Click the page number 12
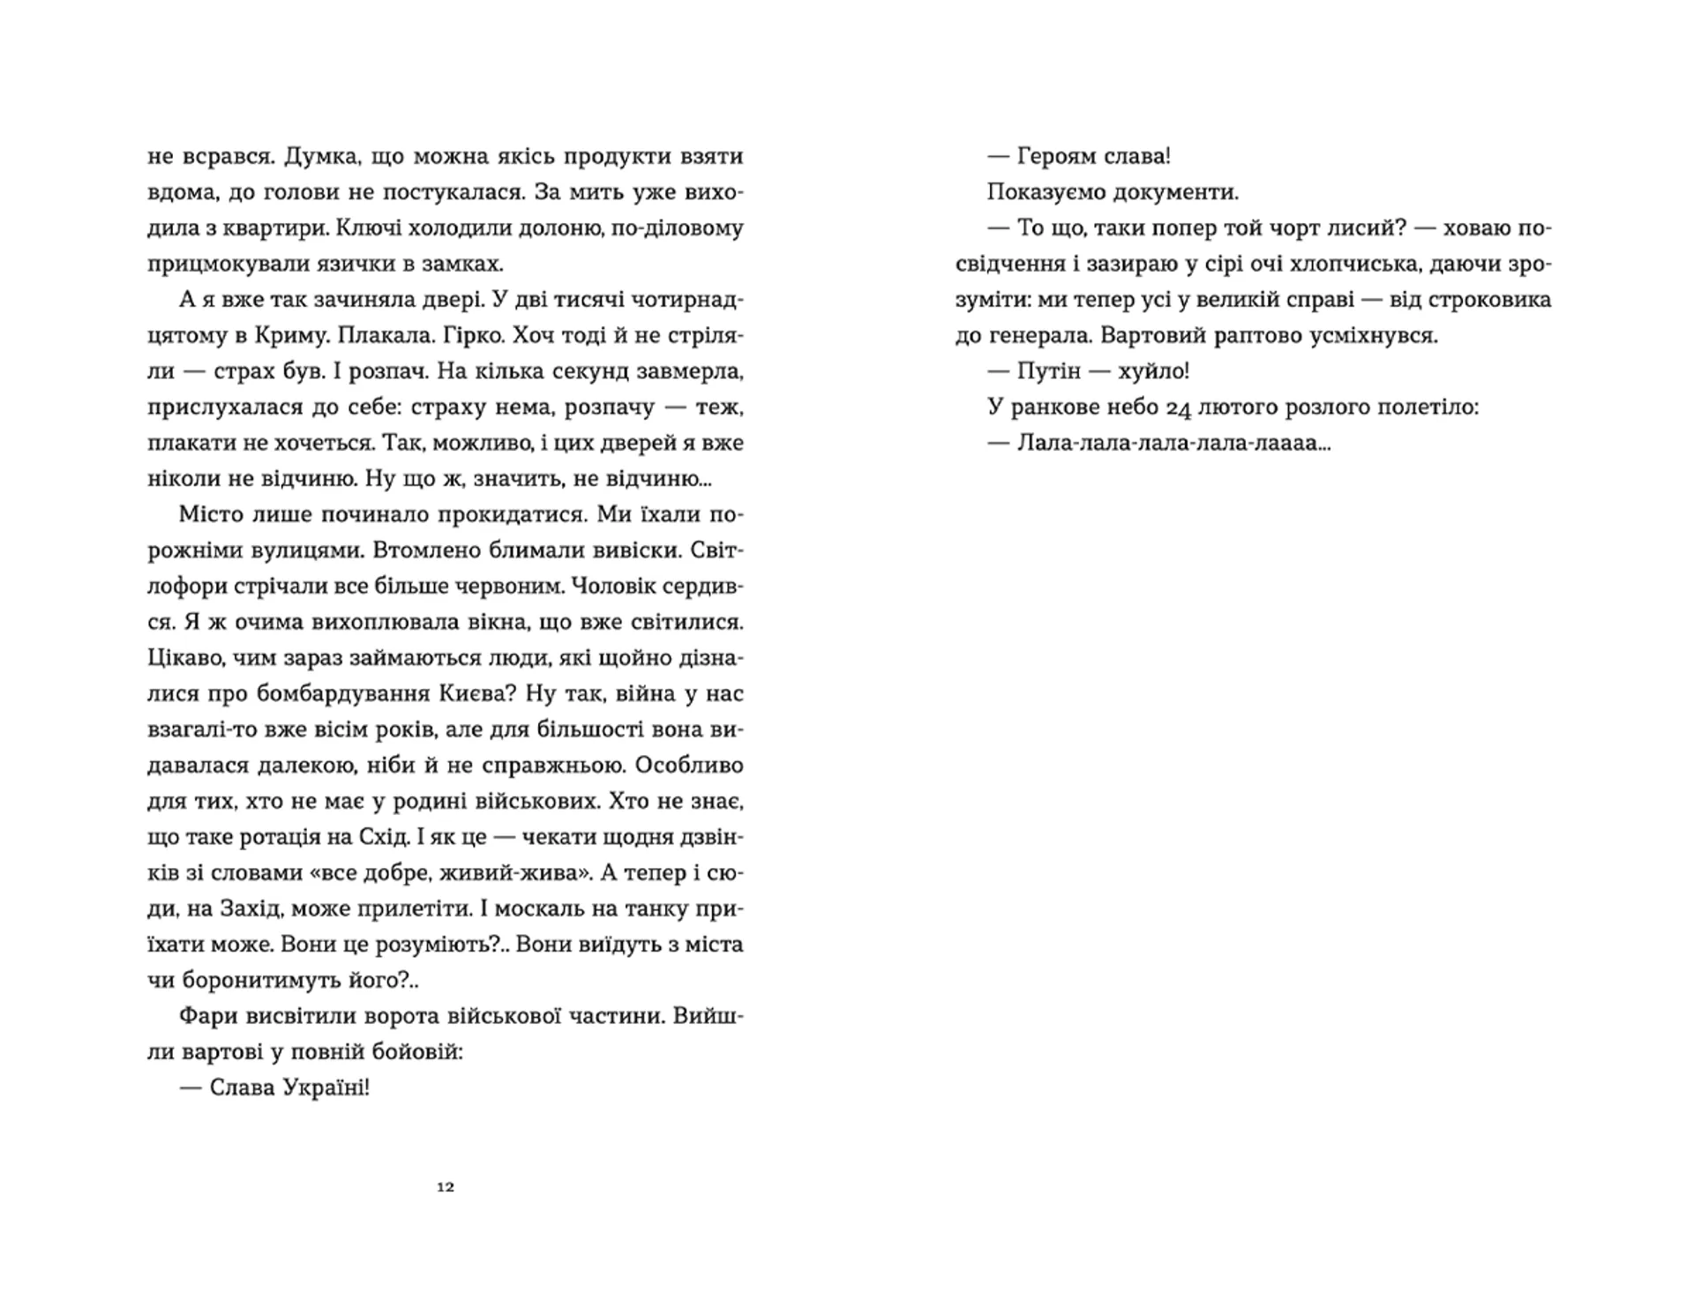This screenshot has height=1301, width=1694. tap(446, 1187)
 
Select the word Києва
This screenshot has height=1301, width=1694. tap(475, 693)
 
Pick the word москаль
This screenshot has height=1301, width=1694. tap(546, 908)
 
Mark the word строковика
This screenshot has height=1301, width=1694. tap(1473, 300)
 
